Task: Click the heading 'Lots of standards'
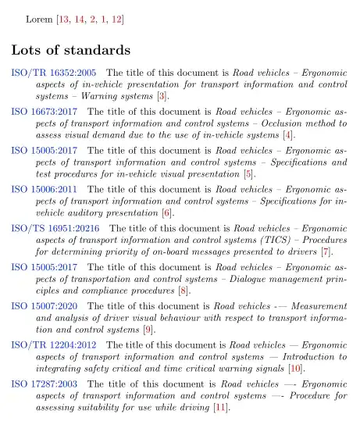(70, 51)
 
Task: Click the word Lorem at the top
(40, 17)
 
